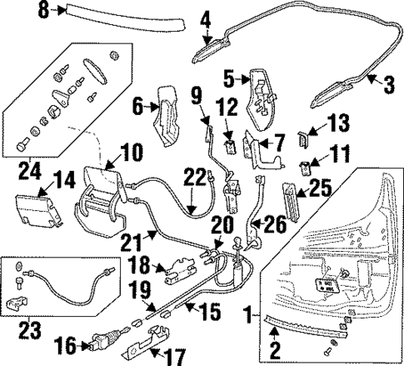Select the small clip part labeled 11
click(x=307, y=166)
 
